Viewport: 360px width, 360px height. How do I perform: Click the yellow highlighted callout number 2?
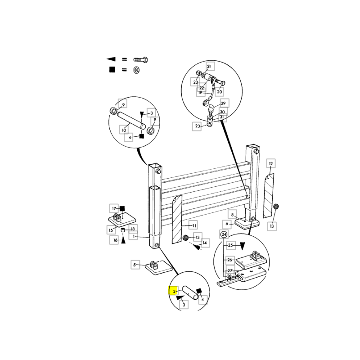(x=174, y=291)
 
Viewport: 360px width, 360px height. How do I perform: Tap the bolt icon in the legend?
(x=140, y=60)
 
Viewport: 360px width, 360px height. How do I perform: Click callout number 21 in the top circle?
(x=209, y=66)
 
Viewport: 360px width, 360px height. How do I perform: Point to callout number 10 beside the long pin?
(x=124, y=130)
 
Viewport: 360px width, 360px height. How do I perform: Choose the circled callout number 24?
(x=224, y=234)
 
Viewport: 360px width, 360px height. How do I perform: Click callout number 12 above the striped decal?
(x=271, y=163)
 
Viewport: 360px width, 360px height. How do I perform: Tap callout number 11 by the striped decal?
(x=194, y=226)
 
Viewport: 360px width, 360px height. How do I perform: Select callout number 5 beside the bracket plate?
(x=135, y=265)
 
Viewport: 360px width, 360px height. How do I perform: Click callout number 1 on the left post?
(x=133, y=237)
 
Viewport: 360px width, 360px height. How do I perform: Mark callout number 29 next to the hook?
(x=223, y=103)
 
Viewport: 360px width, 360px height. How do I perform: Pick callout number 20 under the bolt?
(x=220, y=92)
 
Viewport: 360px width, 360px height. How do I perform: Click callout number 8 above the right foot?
(x=232, y=215)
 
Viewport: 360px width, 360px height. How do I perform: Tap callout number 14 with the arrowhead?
(x=205, y=243)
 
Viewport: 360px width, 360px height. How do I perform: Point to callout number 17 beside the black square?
(x=114, y=208)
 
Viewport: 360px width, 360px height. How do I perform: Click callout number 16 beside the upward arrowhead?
(x=115, y=240)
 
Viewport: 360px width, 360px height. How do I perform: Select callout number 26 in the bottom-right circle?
(x=230, y=260)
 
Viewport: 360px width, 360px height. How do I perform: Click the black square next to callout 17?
(x=122, y=208)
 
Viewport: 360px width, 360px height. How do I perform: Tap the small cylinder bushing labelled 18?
(x=123, y=230)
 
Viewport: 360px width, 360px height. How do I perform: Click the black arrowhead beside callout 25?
(x=242, y=246)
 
